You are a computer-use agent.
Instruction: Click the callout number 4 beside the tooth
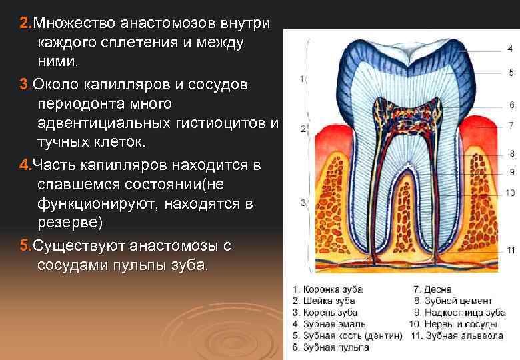[x=510, y=49]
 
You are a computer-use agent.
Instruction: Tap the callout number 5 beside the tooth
[x=511, y=71]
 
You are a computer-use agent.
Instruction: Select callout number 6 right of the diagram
[x=511, y=105]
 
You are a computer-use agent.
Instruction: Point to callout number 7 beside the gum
[x=511, y=125]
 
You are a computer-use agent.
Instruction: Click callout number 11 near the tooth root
[x=510, y=250]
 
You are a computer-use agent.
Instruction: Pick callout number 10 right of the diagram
[x=510, y=193]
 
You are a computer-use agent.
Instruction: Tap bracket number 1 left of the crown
[x=302, y=79]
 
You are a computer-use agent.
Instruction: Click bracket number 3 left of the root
[x=302, y=203]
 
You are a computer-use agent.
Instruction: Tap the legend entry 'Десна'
[x=438, y=289]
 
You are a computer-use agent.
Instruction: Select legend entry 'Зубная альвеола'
[x=464, y=336]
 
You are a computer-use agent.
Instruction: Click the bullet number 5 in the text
[x=25, y=245]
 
